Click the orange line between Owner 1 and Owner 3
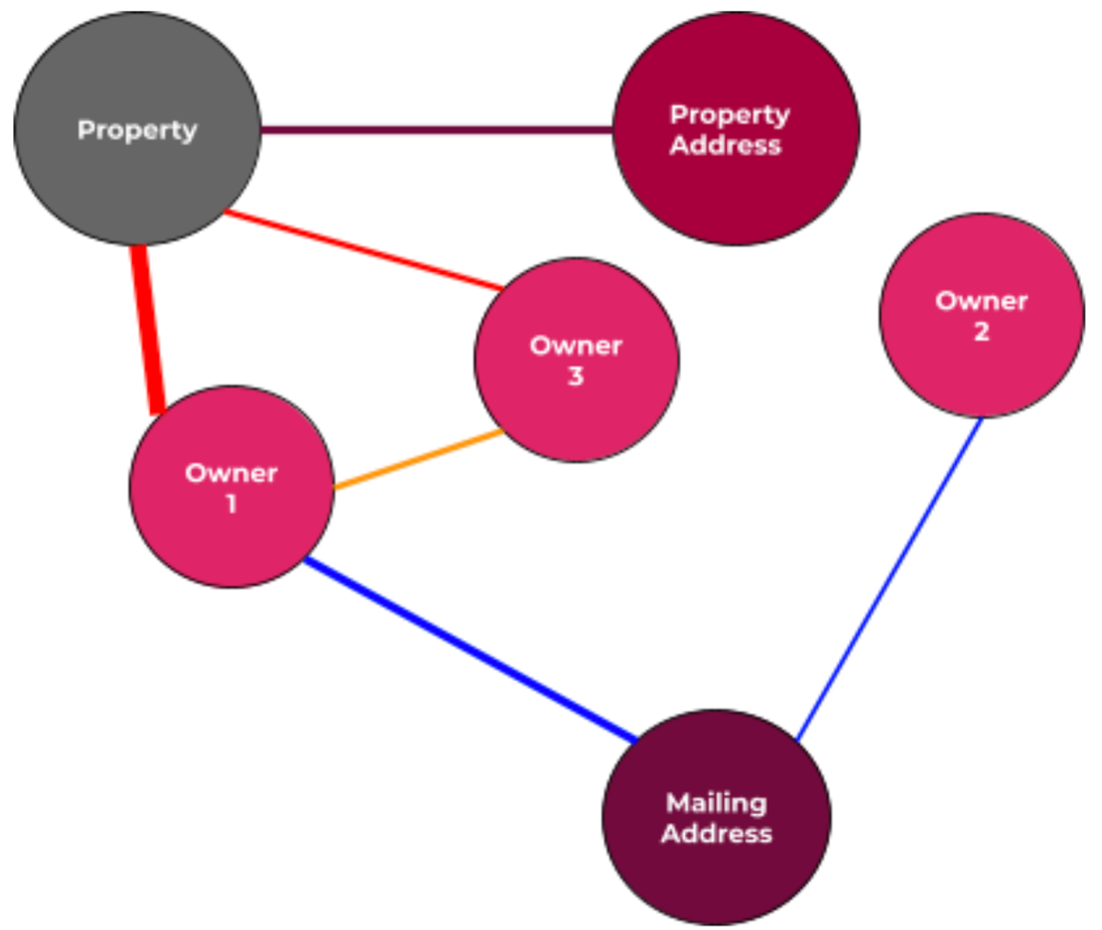[418, 460]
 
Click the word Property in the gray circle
[137, 130]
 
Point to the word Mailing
[716, 804]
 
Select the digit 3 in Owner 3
[576, 377]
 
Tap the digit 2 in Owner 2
[981, 332]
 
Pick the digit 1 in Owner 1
[231, 504]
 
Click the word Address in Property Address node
[726, 145]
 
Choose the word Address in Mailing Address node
[716, 834]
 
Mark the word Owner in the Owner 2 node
[981, 301]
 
